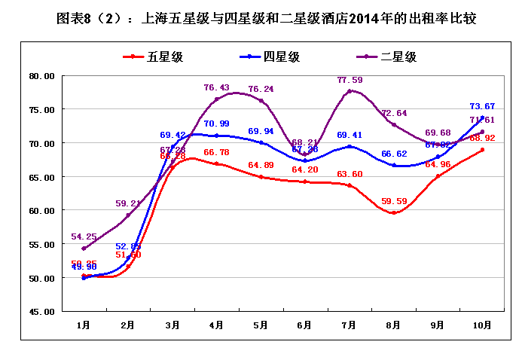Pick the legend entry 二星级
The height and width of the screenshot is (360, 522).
(398, 56)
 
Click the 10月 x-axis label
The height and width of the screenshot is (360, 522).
(482, 325)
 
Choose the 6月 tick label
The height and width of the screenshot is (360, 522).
(305, 325)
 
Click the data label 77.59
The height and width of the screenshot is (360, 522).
(350, 80)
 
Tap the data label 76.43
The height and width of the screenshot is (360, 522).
(217, 87)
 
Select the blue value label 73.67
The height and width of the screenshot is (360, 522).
(482, 106)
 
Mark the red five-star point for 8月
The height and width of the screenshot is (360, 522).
(393, 212)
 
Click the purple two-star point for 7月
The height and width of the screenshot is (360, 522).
(350, 91)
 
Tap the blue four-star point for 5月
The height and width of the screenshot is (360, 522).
(261, 142)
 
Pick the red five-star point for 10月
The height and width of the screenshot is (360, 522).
(482, 150)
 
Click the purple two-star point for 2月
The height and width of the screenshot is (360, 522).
(128, 215)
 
